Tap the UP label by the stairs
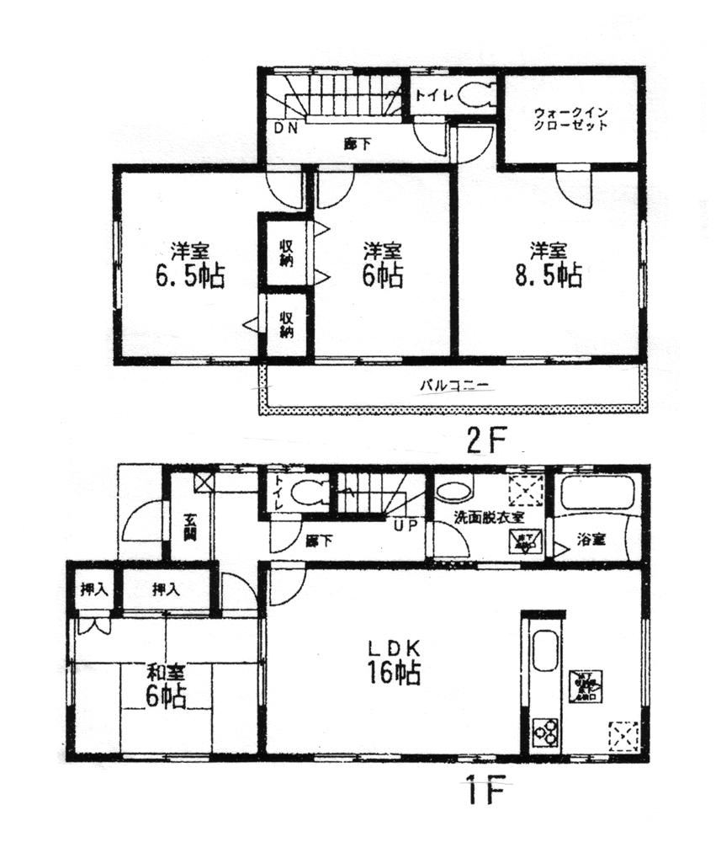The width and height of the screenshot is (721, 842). (x=405, y=523)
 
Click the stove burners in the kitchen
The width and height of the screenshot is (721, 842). (x=546, y=731)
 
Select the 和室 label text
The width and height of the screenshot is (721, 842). (x=165, y=673)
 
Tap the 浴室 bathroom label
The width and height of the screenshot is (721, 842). (x=590, y=539)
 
